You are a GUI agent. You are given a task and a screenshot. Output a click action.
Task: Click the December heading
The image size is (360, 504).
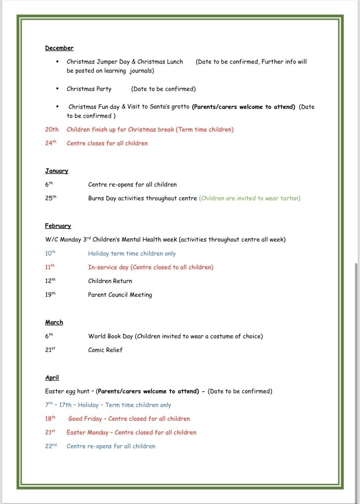[x=59, y=48]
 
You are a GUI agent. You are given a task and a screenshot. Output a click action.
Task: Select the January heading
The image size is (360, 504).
[x=57, y=171]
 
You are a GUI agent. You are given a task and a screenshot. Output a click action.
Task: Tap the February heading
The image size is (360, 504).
[x=58, y=226]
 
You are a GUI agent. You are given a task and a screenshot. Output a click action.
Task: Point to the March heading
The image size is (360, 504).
[x=54, y=322]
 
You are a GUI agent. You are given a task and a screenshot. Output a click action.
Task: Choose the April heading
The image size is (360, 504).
[x=52, y=378]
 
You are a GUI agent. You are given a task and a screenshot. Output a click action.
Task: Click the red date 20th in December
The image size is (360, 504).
[x=52, y=129]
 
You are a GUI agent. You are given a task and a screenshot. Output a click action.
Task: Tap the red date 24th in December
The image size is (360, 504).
[x=52, y=143]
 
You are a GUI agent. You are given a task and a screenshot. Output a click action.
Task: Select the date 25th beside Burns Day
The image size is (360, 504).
[x=51, y=198]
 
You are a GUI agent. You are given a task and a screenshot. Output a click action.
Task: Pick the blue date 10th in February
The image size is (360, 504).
[x=51, y=253]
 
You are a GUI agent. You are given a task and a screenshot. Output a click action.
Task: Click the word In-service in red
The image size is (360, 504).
[x=101, y=267]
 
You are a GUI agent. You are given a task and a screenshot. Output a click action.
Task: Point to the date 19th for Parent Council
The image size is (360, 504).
[x=51, y=295]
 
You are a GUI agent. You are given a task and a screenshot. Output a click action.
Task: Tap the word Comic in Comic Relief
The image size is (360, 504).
[x=96, y=350]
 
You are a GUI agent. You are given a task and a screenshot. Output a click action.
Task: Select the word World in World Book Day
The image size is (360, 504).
[x=97, y=336]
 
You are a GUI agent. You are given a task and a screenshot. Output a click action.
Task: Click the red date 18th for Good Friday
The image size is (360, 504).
[x=51, y=419]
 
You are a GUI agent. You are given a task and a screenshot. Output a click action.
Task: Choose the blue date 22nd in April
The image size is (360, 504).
[x=51, y=446]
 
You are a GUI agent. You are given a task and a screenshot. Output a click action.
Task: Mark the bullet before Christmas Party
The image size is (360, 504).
[x=58, y=89]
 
